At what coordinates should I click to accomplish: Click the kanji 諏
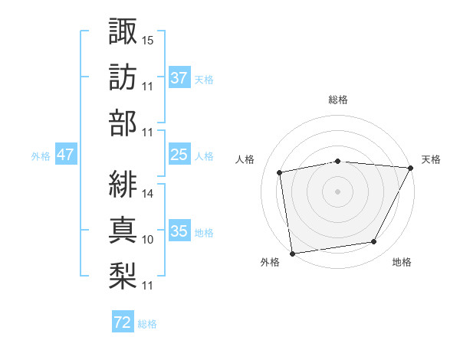[123, 31]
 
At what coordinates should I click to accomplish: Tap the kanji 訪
[123, 77]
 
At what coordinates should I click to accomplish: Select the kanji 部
[123, 123]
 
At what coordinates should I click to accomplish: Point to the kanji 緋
[123, 184]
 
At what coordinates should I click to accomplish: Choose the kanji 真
[123, 230]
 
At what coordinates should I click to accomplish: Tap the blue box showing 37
[179, 77]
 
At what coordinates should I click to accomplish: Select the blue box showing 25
[179, 155]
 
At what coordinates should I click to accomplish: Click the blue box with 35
[179, 231]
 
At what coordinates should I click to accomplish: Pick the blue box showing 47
[65, 155]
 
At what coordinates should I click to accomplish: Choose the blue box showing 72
[122, 322]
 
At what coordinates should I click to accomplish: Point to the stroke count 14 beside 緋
[148, 193]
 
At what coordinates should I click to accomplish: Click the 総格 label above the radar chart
[338, 100]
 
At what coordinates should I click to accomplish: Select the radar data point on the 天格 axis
[412, 168]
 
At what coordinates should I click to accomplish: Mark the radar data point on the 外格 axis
[292, 253]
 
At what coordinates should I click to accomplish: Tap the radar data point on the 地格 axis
[374, 242]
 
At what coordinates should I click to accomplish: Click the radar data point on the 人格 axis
[280, 172]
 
